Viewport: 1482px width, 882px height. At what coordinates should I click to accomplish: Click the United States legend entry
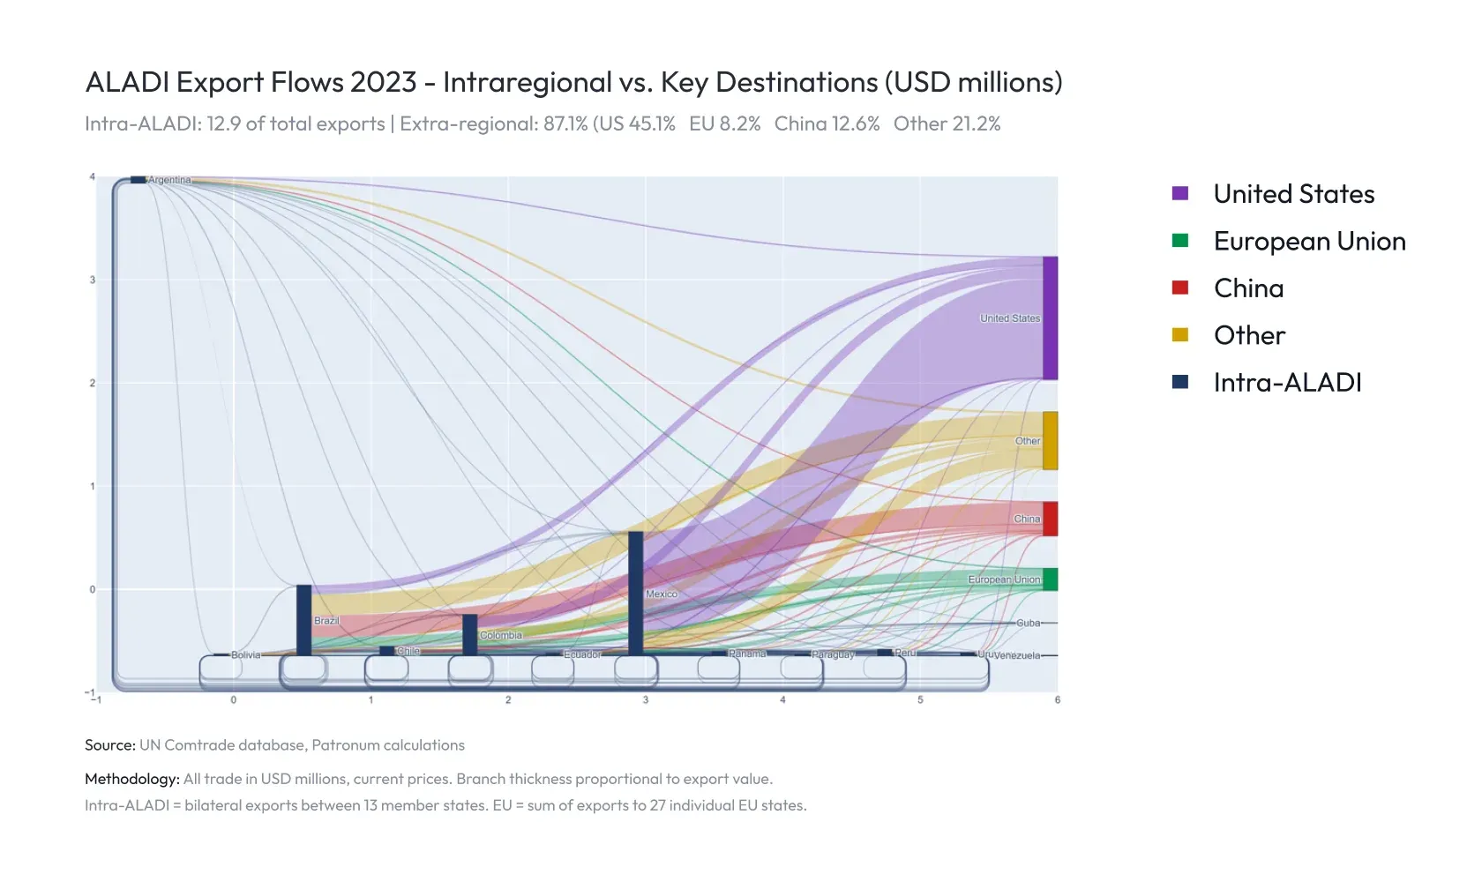tap(1293, 194)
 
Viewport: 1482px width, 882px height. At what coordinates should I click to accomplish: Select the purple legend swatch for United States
tap(1180, 194)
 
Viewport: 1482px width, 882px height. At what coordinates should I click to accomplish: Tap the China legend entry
tap(1248, 288)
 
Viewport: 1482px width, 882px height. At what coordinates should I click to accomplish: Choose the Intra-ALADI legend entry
tap(1287, 383)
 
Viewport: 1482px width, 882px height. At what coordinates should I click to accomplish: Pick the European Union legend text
tap(1309, 242)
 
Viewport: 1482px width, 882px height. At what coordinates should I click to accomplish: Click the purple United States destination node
tap(1050, 318)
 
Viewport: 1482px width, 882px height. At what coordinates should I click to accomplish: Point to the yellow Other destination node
tap(1050, 440)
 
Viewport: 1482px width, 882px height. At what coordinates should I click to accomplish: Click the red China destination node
tap(1050, 519)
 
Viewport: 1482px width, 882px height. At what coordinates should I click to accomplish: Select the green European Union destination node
tap(1050, 579)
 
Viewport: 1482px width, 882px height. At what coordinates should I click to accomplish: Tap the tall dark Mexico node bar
tap(635, 593)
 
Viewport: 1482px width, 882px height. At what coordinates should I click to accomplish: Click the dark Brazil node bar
tap(303, 619)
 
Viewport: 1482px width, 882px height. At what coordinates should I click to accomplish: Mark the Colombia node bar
tap(470, 634)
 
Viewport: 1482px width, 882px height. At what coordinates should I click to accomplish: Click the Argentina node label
tap(169, 180)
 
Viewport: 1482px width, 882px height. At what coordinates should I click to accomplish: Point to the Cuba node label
tap(1029, 623)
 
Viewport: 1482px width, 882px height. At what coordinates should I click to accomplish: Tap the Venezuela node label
tap(1017, 656)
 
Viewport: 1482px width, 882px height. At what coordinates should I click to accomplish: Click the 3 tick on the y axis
tap(93, 280)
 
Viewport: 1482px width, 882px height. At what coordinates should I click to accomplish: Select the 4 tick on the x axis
tap(782, 700)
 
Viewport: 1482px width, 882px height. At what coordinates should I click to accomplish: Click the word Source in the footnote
tap(109, 745)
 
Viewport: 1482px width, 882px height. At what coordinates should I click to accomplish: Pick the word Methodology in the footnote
tap(131, 779)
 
